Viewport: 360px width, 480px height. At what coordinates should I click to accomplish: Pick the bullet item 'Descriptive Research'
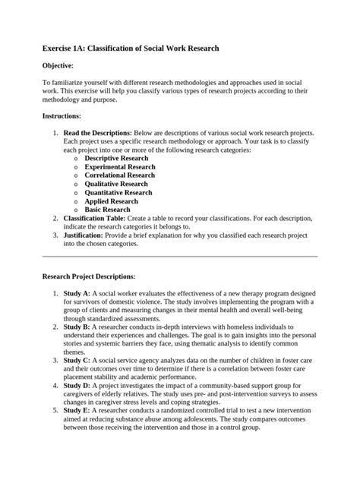pyautogui.click(x=117, y=158)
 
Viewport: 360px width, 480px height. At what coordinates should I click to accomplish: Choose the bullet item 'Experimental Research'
pyautogui.click(x=120, y=166)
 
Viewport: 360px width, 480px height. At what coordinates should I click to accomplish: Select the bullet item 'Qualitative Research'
pyautogui.click(x=116, y=184)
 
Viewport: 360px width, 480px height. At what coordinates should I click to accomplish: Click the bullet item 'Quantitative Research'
pyautogui.click(x=118, y=193)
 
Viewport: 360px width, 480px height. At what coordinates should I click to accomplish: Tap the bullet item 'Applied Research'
pyautogui.click(x=111, y=201)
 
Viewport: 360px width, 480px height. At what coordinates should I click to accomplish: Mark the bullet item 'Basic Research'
pyautogui.click(x=107, y=210)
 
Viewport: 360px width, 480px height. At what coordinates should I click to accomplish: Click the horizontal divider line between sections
pyautogui.click(x=179, y=257)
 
